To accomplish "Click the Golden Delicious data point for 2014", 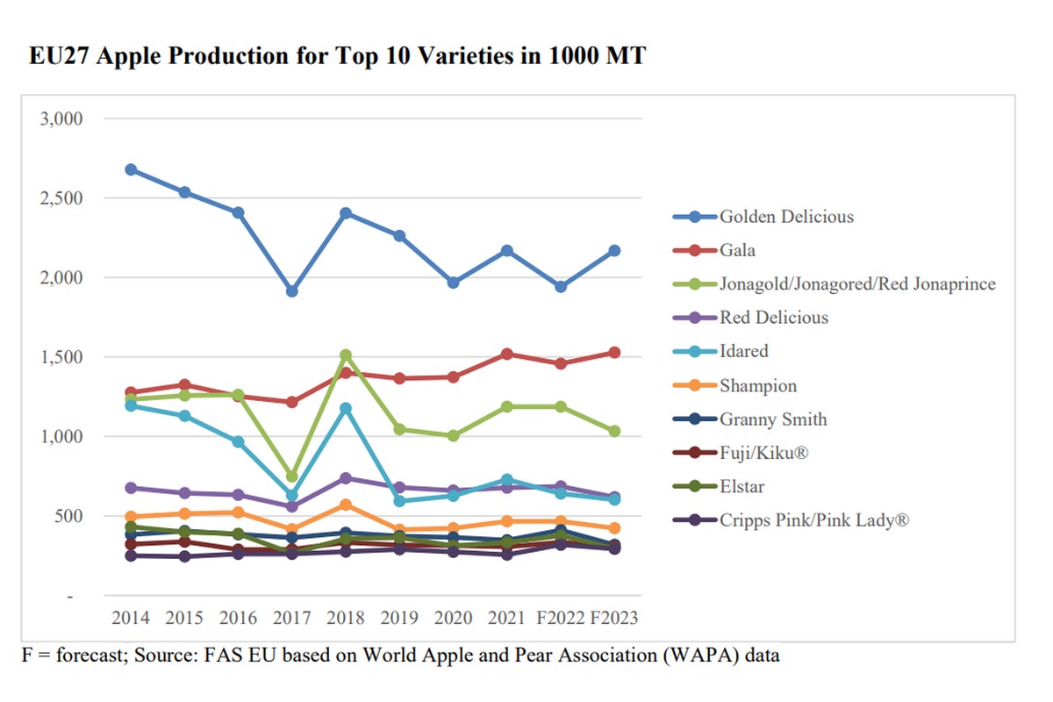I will [131, 169].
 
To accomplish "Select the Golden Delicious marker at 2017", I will [292, 291].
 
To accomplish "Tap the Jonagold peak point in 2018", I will [346, 355].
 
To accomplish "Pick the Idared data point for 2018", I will [346, 408].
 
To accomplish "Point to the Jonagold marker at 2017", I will [292, 476].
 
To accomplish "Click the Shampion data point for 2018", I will [346, 505].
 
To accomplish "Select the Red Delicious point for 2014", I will [131, 488].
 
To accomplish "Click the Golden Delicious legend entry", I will [785, 217].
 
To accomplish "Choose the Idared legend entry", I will [743, 351].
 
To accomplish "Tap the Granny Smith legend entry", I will [772, 419].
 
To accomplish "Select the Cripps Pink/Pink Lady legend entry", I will [813, 520].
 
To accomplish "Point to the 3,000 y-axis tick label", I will [61, 118].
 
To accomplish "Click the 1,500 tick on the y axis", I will [61, 357].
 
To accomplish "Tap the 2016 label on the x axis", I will [238, 618].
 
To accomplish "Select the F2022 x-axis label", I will [561, 618].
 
